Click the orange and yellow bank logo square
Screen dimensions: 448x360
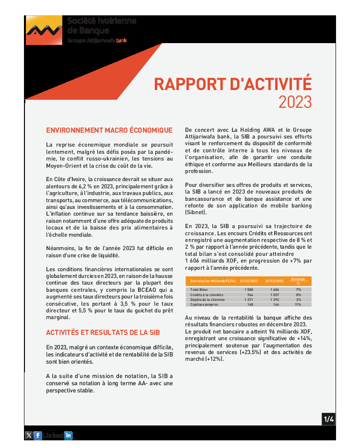coord(44,30)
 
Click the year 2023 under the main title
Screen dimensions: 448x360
coord(295,102)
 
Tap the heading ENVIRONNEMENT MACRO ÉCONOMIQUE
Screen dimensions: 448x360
coord(109,130)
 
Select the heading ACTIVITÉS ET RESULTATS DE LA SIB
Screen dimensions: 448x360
coord(103,333)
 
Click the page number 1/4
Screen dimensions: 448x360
coord(328,419)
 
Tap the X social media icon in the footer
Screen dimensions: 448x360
coord(29,435)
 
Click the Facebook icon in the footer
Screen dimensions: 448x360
coord(37,435)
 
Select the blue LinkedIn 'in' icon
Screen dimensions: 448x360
coord(68,435)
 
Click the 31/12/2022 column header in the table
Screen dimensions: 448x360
coord(249,281)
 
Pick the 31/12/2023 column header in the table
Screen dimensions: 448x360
coord(275,281)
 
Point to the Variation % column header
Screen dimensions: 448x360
coord(298,281)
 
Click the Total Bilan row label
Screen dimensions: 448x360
coord(200,290)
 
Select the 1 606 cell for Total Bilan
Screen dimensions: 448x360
coord(275,290)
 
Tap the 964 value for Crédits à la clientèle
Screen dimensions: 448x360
coord(250,295)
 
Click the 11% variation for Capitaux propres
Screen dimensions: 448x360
coord(298,304)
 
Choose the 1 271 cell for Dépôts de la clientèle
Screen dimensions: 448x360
coord(248,299)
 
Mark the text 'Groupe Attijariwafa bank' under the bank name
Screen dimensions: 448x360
coord(97,40)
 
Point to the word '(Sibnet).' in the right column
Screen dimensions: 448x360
coord(196,212)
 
